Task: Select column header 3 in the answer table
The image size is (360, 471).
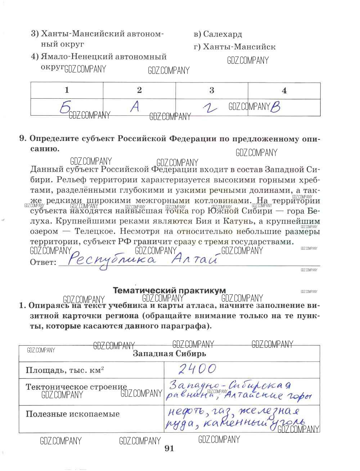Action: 212,90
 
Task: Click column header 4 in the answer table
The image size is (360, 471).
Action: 284,90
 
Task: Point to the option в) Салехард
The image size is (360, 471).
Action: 218,34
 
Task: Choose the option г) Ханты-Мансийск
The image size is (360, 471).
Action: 235,47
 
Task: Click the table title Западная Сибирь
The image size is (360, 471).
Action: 169,354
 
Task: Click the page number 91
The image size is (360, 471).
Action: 169,448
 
